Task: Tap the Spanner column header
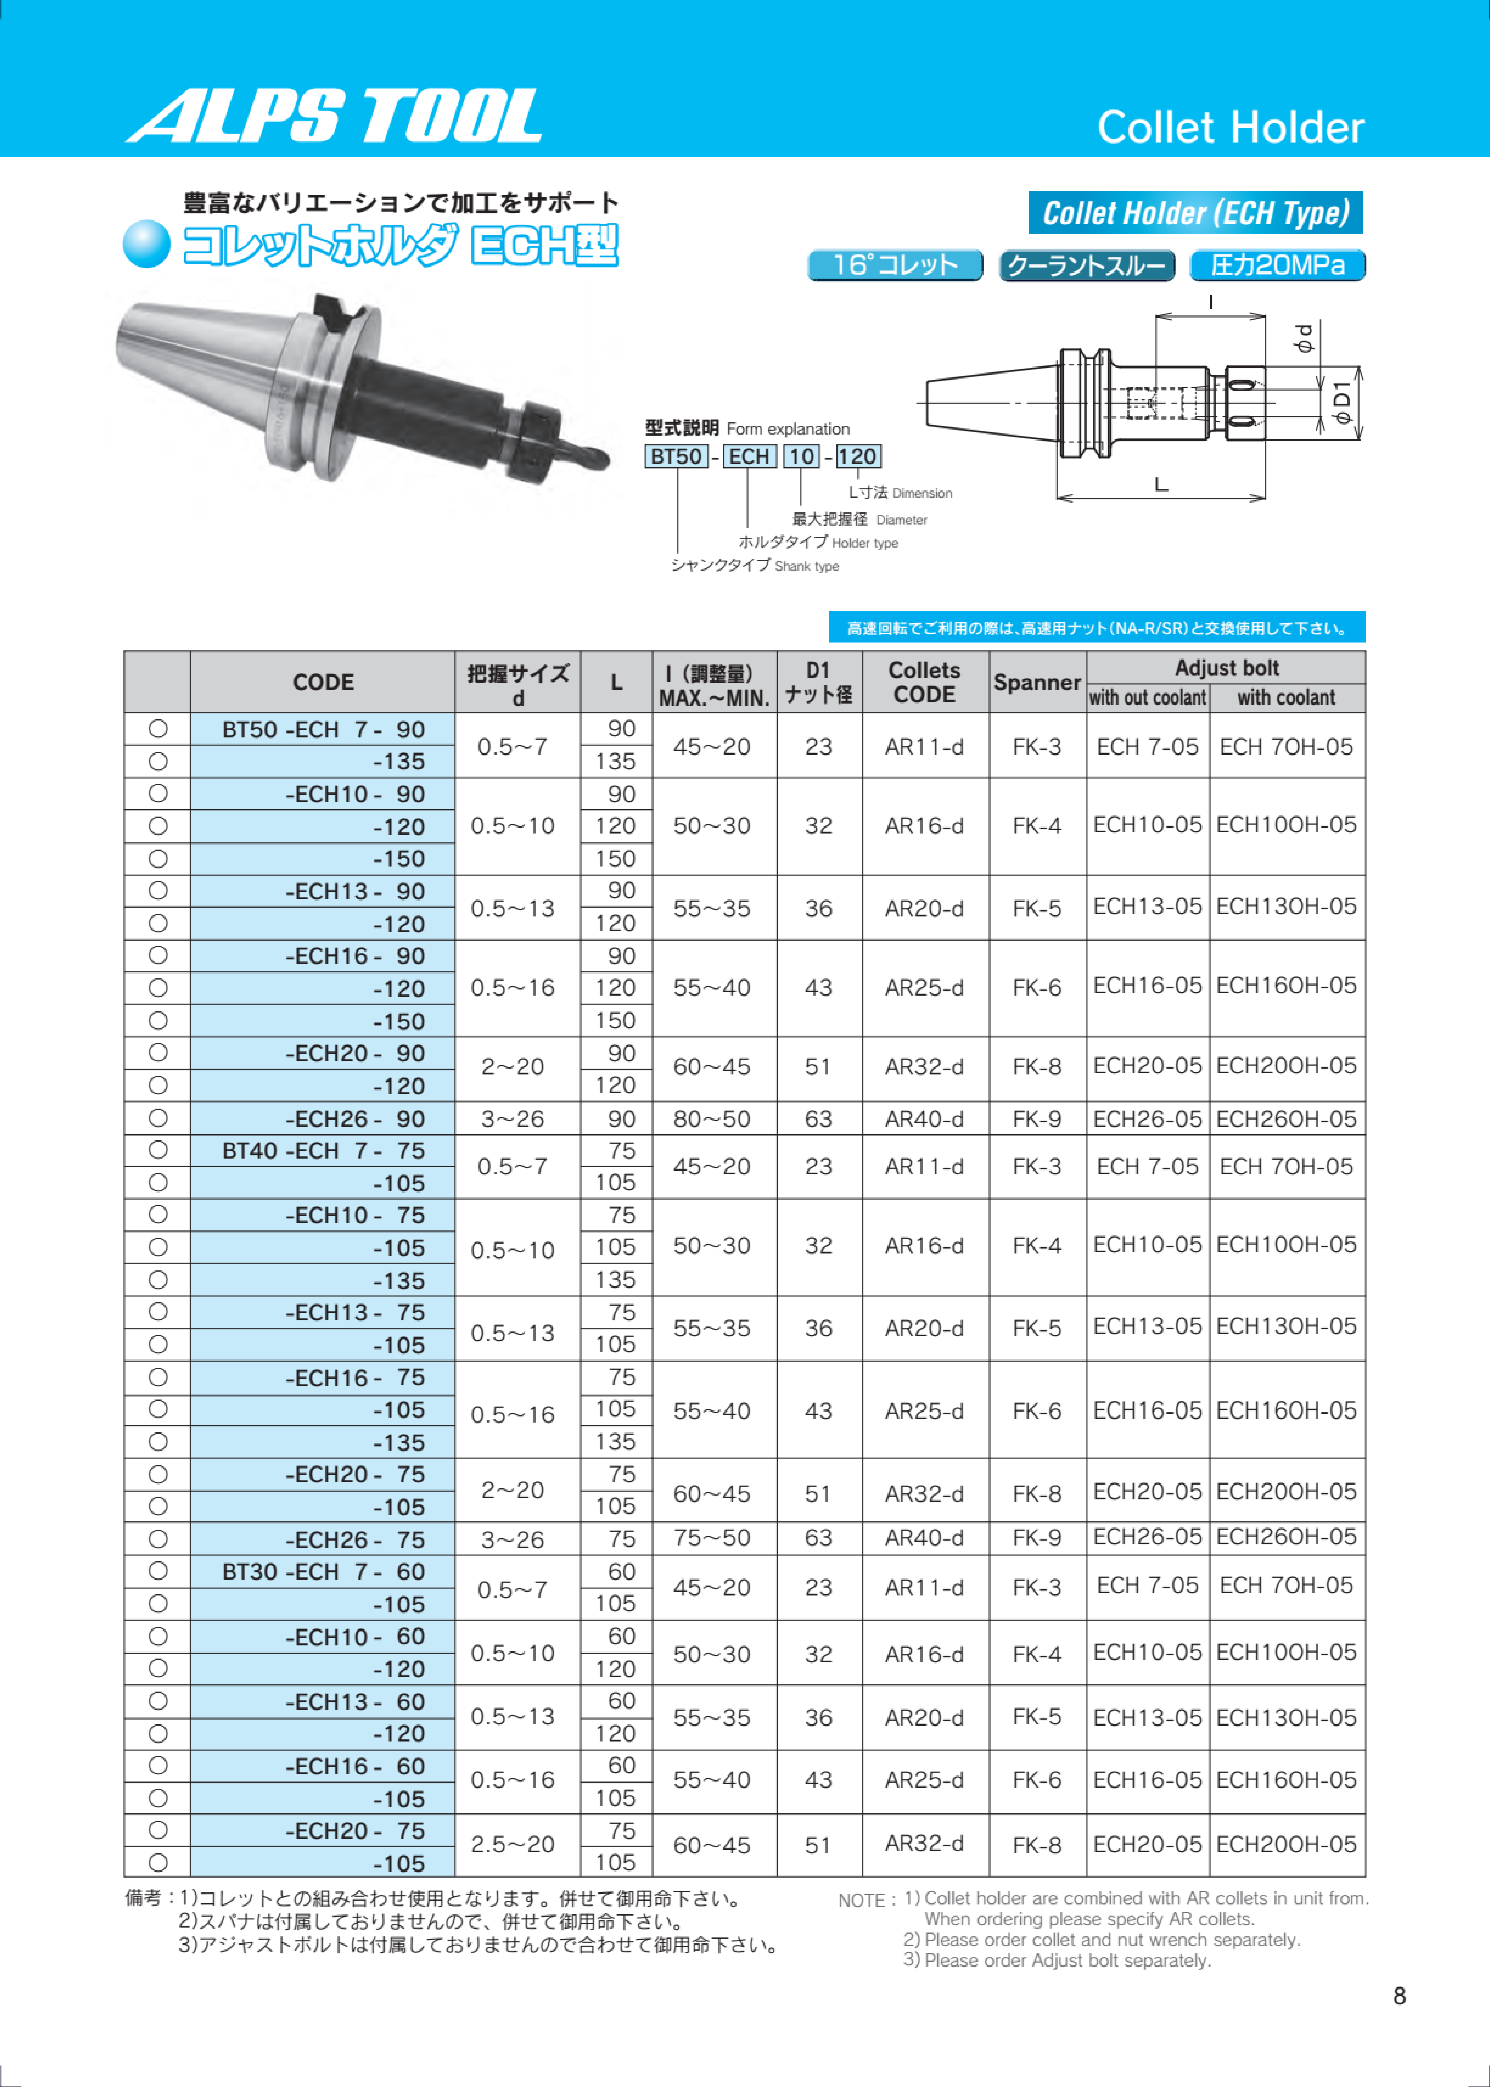pyautogui.click(x=1037, y=682)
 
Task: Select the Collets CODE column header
pyautogui.click(x=924, y=682)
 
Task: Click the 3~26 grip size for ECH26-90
pyautogui.click(x=512, y=1119)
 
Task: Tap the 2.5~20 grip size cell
pyautogui.click(x=512, y=1845)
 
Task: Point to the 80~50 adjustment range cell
pyautogui.click(x=711, y=1119)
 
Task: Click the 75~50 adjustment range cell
pyautogui.click(x=711, y=1538)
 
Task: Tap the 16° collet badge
pyautogui.click(x=894, y=265)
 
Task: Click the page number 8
pyautogui.click(x=1399, y=1996)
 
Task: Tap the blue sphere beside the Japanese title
pyautogui.click(x=147, y=244)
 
